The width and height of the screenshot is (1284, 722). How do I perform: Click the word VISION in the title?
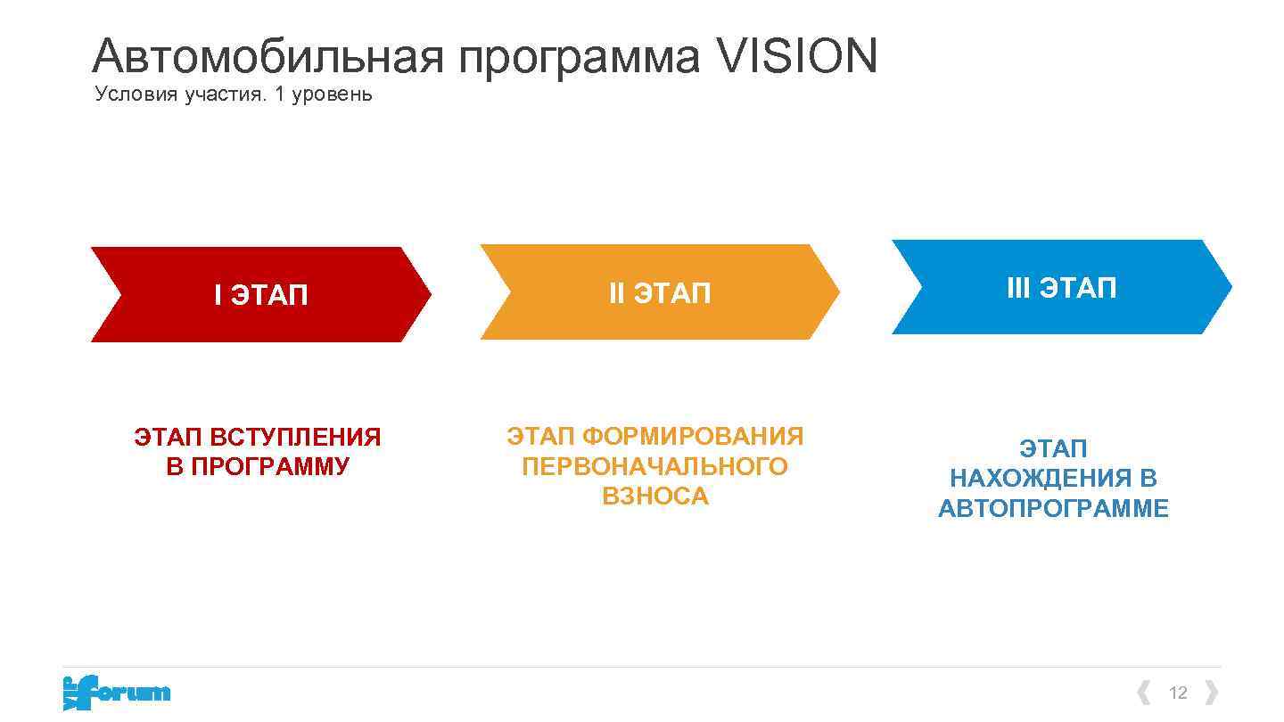click(797, 55)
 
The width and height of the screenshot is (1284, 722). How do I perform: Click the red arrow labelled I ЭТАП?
click(260, 294)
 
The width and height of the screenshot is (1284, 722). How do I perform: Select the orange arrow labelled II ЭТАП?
click(659, 292)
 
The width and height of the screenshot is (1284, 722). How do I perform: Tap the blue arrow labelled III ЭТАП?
click(1061, 288)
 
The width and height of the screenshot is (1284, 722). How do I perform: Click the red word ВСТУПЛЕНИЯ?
click(295, 438)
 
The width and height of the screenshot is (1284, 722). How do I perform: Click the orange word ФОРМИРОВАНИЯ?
click(693, 437)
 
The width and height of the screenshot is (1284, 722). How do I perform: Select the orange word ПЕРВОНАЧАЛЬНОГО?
click(654, 466)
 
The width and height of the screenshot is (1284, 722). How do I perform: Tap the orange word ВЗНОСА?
click(654, 496)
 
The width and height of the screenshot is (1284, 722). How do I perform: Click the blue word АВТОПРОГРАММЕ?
click(1053, 508)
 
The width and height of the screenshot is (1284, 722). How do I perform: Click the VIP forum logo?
click(116, 693)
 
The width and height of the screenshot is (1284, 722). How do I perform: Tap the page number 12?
click(1178, 693)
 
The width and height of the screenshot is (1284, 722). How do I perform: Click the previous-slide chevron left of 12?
click(1144, 693)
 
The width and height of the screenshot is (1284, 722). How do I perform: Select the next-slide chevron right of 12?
click(1211, 693)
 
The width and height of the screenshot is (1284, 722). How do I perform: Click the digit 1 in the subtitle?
click(279, 94)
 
